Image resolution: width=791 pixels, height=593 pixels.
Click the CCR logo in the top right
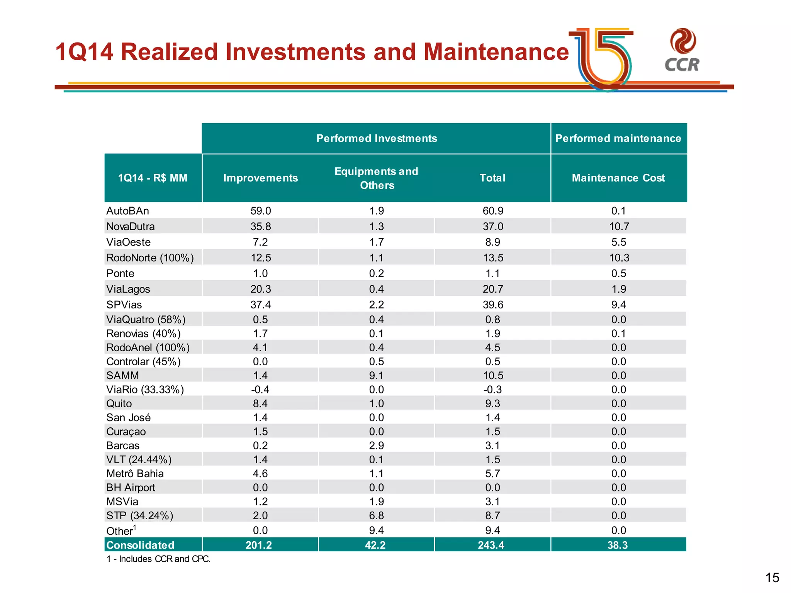682,50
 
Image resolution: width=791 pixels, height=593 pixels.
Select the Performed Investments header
376,138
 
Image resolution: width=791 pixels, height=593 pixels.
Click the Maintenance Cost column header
618,178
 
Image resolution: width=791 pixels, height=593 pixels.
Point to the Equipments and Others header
376,178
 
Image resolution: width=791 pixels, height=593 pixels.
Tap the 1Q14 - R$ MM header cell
153,178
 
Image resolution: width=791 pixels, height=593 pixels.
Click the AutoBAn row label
127,211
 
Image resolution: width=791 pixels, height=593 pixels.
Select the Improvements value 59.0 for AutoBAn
260,211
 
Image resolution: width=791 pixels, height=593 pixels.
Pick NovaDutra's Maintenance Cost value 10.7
619,227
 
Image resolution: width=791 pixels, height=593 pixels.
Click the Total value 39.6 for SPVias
492,305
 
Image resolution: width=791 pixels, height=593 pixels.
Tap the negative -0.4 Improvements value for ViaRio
260,390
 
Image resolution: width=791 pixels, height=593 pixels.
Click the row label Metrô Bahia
135,474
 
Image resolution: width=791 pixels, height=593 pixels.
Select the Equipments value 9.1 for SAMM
376,376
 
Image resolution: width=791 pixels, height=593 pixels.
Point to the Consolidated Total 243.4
491,545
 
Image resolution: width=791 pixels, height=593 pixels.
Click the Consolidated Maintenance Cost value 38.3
617,545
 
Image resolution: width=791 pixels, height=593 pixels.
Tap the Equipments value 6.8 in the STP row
376,516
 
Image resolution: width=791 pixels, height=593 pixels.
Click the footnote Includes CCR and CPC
158,559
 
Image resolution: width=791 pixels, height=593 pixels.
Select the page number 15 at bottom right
772,578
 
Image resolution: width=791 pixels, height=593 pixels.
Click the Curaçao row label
126,432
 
